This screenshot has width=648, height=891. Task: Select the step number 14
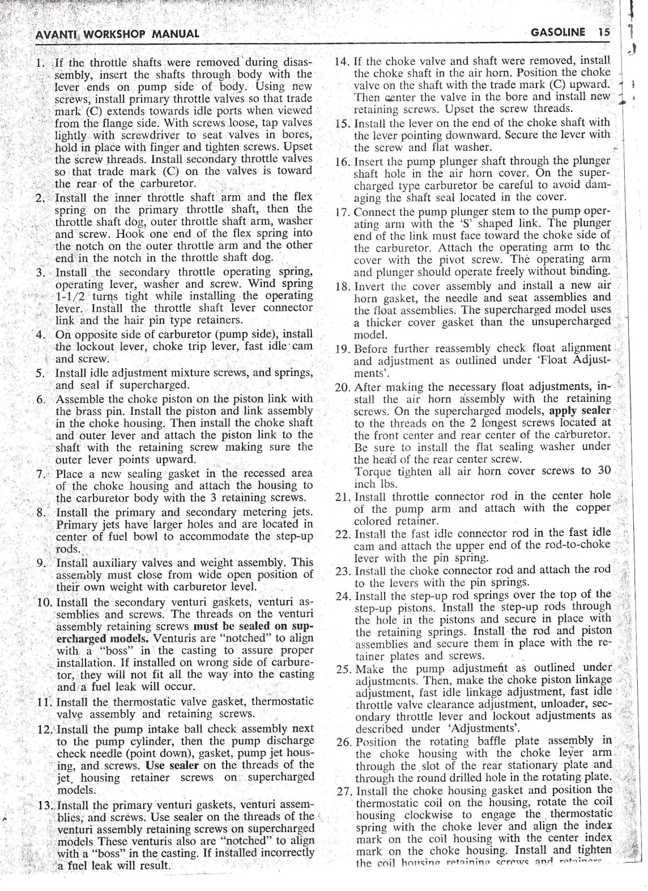click(342, 60)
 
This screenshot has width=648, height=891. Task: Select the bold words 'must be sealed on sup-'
click(253, 627)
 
